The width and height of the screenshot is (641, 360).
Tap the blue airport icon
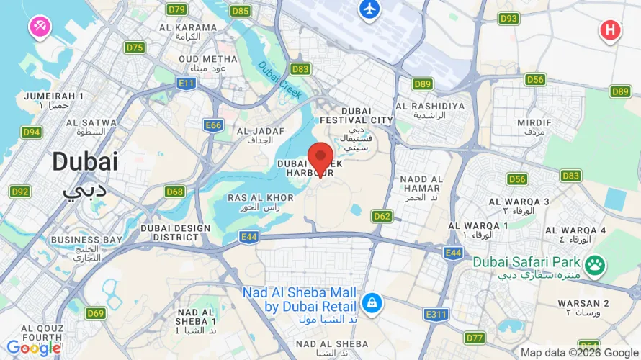tap(369, 9)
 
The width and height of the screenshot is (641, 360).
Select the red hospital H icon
tap(610, 30)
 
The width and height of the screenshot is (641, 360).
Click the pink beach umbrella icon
tap(38, 27)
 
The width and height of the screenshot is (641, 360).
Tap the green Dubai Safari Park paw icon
tap(594, 266)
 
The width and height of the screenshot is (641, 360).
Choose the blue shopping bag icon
tap(372, 303)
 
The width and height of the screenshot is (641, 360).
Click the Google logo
tap(33, 348)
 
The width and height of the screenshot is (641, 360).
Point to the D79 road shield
tap(176, 9)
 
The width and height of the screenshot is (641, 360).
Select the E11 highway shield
tap(187, 84)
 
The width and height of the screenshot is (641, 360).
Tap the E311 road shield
tap(436, 315)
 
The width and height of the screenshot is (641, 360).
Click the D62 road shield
tap(382, 216)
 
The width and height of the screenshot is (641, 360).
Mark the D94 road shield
tap(31, 132)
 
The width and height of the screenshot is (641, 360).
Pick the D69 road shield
tap(96, 313)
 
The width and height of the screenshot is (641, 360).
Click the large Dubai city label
tap(85, 162)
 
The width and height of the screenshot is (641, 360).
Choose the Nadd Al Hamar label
tap(421, 183)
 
